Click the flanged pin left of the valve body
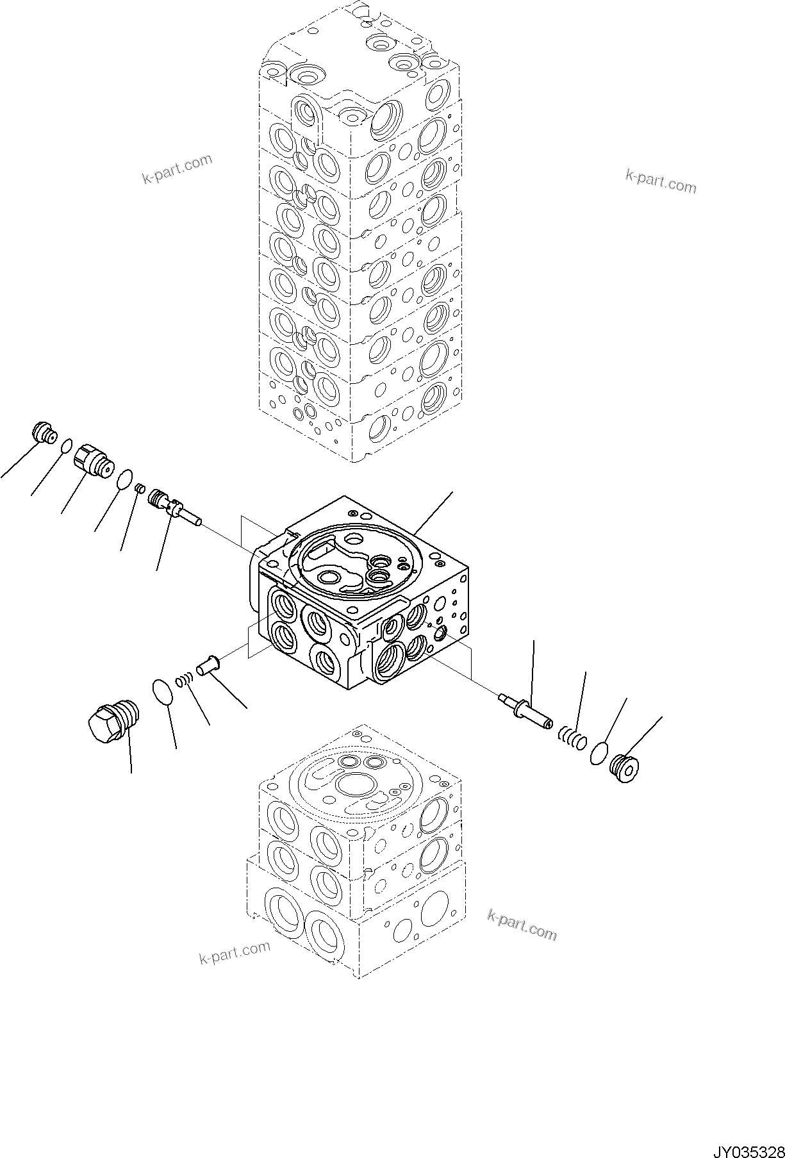coord(208,663)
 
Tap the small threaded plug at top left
coord(45,433)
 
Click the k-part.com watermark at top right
coord(660,182)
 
